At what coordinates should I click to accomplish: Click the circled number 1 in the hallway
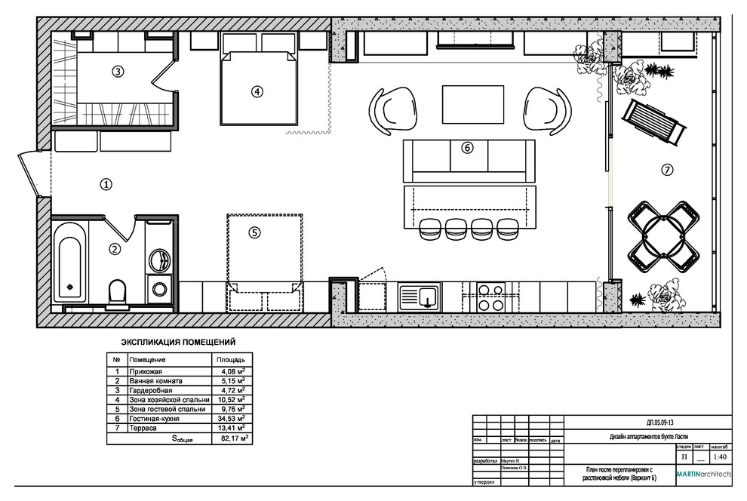point(106,183)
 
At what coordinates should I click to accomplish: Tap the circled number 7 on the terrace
point(666,170)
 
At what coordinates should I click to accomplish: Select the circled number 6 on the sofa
point(467,148)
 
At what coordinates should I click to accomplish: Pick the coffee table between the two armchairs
point(473,104)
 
